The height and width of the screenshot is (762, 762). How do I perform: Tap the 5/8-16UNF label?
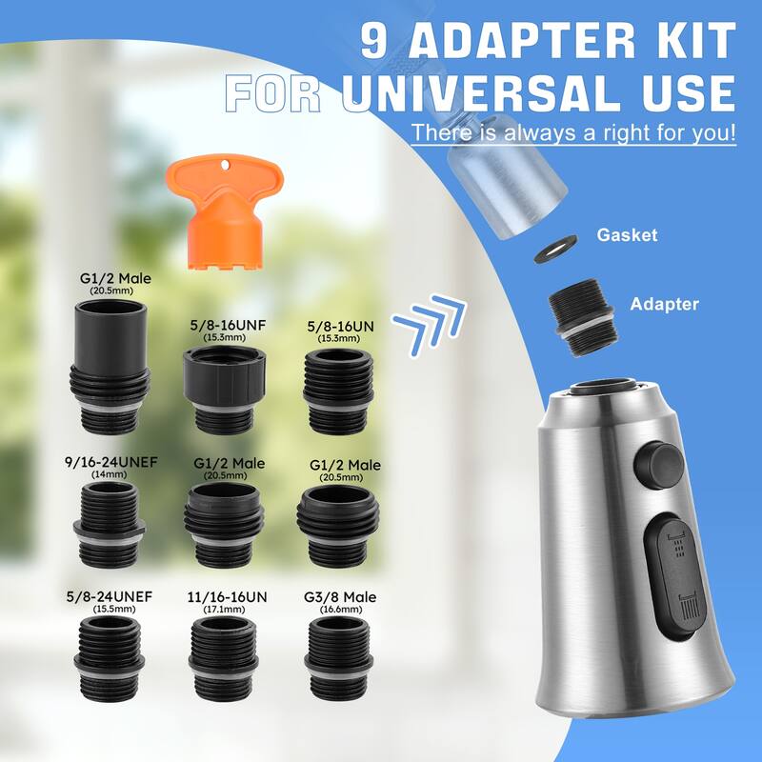pos(228,325)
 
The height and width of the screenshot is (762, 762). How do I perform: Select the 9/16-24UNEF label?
pos(112,462)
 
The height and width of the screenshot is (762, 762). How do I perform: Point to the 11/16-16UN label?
pos(227,597)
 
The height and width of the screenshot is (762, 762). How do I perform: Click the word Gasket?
pos(627,235)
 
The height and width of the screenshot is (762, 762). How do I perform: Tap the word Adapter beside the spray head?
pos(664,305)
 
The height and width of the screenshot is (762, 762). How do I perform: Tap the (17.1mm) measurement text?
pos(227,610)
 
